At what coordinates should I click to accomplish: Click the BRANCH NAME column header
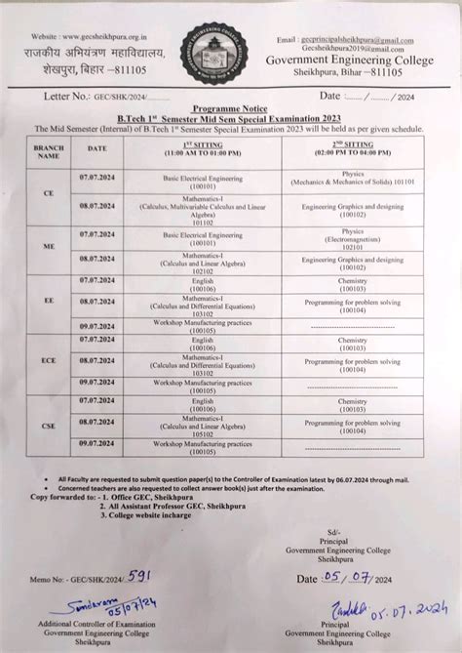tap(49, 149)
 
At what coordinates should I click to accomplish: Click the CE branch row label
tap(49, 193)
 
